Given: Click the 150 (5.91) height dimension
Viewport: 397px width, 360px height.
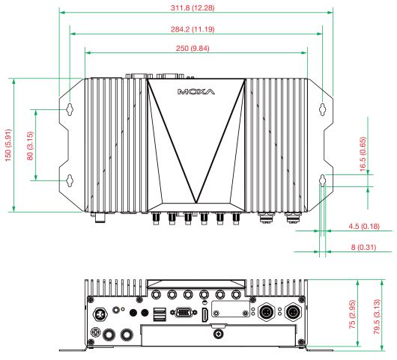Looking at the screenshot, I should click(x=7, y=144).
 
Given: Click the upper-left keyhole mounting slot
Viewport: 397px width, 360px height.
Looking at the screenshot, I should click(x=70, y=109).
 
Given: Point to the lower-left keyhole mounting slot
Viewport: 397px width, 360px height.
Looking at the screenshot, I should click(x=70, y=180).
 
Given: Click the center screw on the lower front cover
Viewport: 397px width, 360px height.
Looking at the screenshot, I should click(x=218, y=335).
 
